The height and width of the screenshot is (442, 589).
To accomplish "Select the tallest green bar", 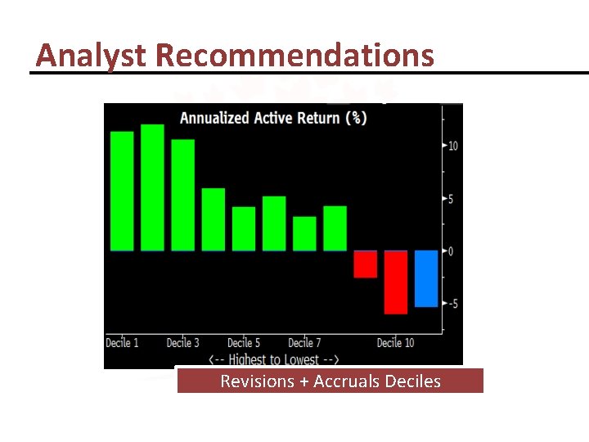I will coord(152,187).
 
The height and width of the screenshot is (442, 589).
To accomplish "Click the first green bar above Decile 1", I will coord(121,191).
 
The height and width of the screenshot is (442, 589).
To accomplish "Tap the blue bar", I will coord(426,278).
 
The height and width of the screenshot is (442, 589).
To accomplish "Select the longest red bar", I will coord(396,282).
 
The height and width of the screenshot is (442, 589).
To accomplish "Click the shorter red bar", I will coord(365,264).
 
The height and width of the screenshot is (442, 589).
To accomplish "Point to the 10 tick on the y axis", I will coord(452,146).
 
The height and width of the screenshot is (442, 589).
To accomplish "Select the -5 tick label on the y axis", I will coord(452,304).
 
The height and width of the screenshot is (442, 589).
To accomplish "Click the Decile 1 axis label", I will coord(122,342).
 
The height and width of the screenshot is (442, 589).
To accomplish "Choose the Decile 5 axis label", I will coord(244,342).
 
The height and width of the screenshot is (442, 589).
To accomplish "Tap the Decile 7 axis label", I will coord(305,342).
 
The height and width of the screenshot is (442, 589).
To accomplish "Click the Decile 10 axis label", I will coord(395,342).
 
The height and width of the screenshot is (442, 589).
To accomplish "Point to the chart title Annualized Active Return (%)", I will coord(273,118).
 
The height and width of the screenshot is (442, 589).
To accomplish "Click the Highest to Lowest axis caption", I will coord(273,359).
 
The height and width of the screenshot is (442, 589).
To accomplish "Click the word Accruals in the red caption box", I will coord(349,381).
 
